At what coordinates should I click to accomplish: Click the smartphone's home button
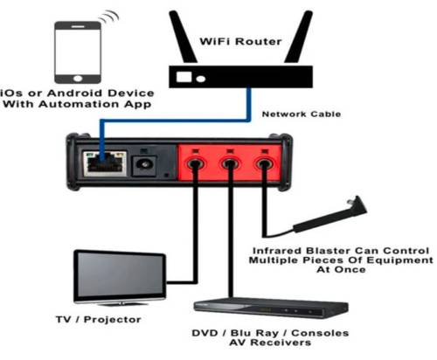(78, 79)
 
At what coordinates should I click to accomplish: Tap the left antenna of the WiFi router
(183, 38)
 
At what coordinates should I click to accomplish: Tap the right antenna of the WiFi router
(299, 38)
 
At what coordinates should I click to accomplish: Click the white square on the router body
(184, 77)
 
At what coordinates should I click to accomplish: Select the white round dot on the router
(201, 79)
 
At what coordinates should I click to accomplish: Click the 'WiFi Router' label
(240, 41)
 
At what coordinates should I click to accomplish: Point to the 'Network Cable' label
(302, 114)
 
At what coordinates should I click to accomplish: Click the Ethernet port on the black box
(105, 163)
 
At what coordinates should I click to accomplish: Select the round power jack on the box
(144, 166)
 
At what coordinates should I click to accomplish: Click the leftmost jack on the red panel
(195, 164)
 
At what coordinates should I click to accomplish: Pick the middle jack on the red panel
(230, 164)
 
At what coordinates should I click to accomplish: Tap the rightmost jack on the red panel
(264, 164)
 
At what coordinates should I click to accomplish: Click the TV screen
(121, 275)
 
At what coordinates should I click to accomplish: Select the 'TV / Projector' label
(99, 320)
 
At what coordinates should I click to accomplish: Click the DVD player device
(271, 308)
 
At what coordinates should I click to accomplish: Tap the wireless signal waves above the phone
(109, 17)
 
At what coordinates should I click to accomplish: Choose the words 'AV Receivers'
(270, 343)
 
